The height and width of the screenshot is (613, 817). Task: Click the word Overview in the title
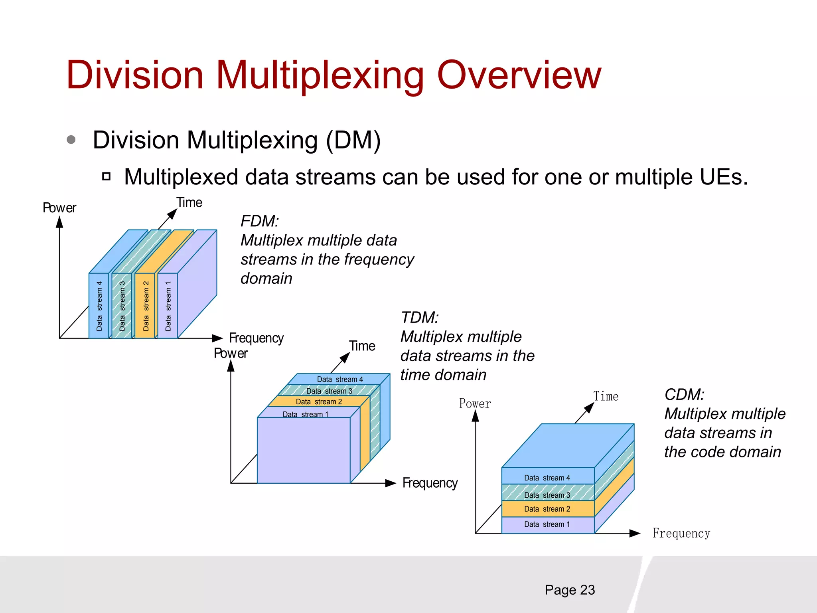(519, 75)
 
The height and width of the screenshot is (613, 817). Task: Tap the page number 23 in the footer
(587, 590)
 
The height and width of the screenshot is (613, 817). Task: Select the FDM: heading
(260, 221)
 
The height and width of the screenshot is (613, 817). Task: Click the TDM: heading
(420, 318)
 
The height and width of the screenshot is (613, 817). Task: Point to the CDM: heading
(684, 395)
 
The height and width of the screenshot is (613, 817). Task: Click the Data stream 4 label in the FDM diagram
(99, 306)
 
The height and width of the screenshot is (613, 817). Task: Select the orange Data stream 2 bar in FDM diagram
(145, 306)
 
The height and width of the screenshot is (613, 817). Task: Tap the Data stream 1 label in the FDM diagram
(168, 306)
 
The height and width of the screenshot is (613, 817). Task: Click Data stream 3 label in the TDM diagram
(329, 391)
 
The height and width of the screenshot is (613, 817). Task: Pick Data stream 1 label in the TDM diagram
(306, 414)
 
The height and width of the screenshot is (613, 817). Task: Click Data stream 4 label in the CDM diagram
(547, 478)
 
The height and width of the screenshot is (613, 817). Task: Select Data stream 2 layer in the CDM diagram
(547, 509)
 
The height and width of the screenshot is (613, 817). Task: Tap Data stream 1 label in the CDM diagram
(547, 524)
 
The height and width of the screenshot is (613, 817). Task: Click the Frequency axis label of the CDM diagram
(681, 533)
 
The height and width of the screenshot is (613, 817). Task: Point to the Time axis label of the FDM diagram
(189, 203)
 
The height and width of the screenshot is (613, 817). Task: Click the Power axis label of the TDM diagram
(231, 354)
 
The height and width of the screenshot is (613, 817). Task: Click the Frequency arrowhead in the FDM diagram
(217, 338)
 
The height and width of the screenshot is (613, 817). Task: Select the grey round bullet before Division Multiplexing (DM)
(71, 140)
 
